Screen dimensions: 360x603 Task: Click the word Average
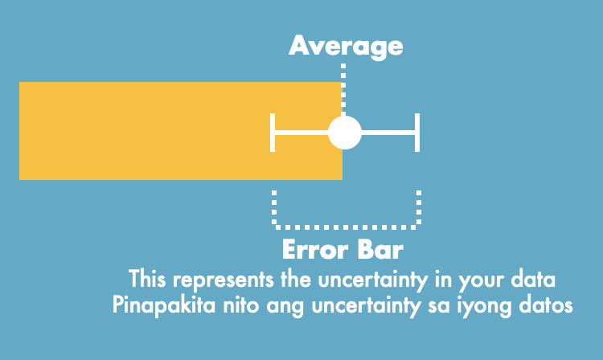point(346,46)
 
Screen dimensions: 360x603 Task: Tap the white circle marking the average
point(345,133)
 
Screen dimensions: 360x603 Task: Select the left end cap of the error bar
point(274,133)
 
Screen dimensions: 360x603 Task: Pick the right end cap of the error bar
point(417,133)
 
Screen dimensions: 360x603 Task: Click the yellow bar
point(161,130)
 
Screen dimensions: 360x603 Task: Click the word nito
point(232,306)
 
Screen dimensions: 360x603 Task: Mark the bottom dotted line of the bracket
point(347,224)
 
